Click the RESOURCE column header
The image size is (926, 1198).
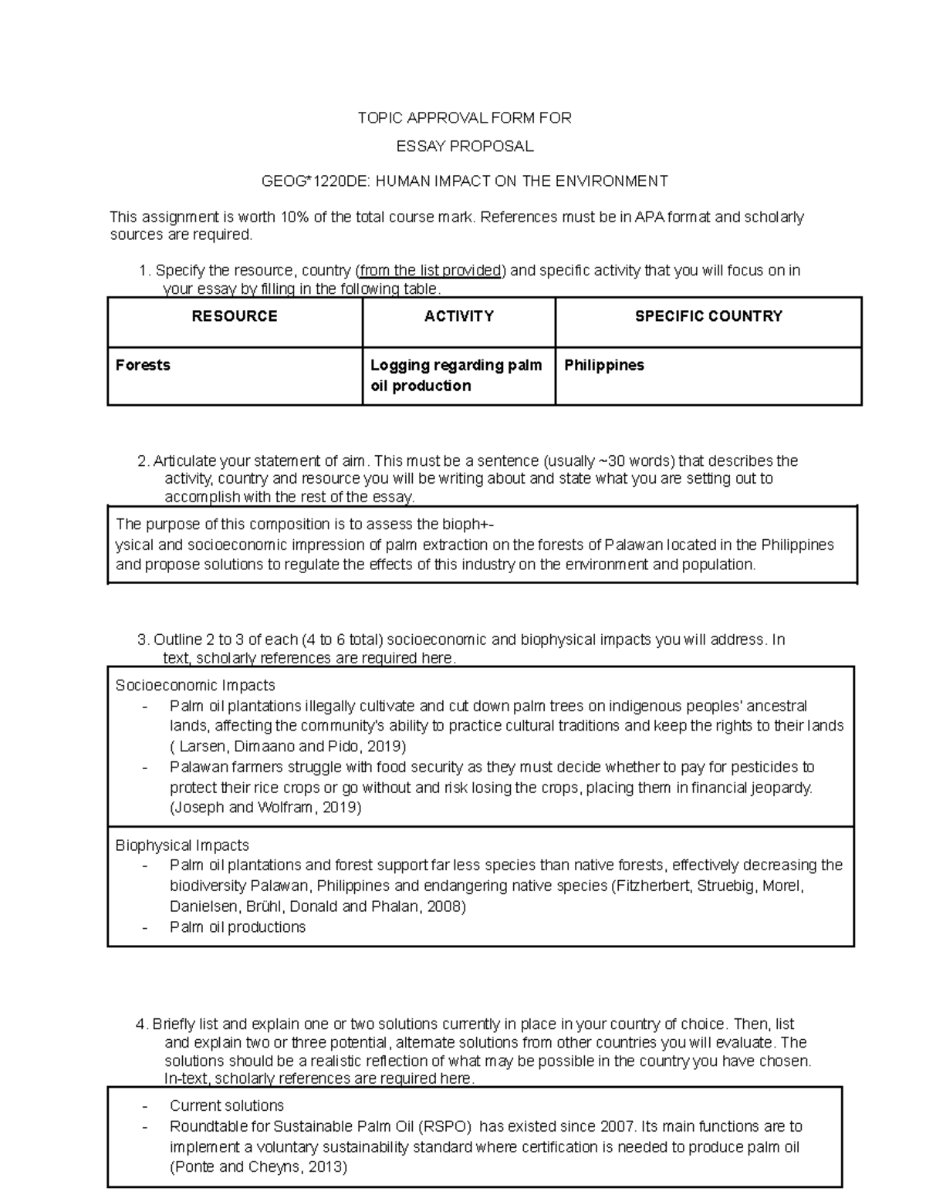tap(234, 316)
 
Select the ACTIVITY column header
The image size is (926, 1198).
tap(458, 316)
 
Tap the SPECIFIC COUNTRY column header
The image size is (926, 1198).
tap(708, 316)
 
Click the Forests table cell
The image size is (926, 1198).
tap(143, 365)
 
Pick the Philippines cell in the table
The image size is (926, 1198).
tap(603, 365)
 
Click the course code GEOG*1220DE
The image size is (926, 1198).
tap(306, 181)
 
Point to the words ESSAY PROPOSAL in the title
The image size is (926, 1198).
tap(464, 147)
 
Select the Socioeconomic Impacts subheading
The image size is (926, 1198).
tap(194, 686)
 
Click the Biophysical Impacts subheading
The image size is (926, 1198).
tap(182, 845)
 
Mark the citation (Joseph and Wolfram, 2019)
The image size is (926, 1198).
tap(265, 808)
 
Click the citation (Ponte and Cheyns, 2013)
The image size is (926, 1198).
tap(259, 1167)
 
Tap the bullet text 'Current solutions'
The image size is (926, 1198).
tap(226, 1105)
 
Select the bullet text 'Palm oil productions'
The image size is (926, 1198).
tap(238, 927)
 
